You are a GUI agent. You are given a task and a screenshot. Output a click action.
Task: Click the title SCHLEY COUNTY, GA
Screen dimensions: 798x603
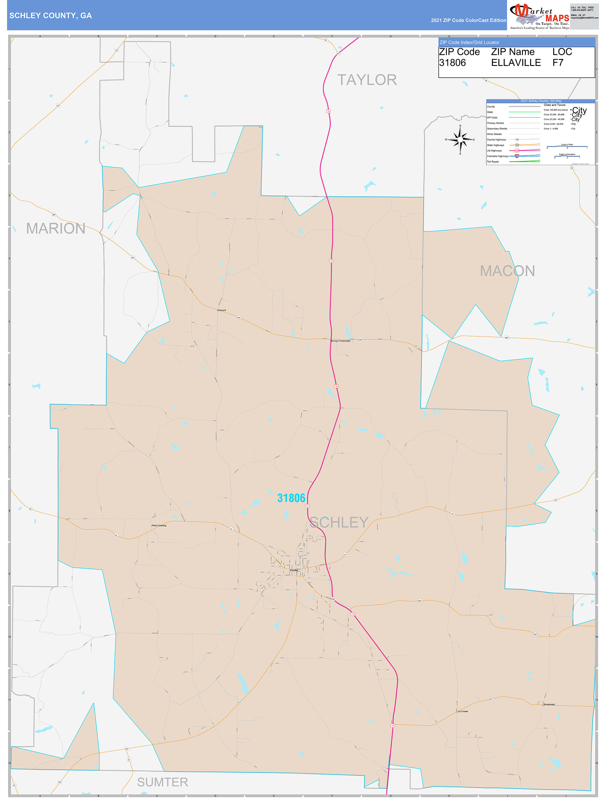coord(51,16)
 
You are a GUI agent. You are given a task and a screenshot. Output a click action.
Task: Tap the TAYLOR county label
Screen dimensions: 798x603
coord(367,80)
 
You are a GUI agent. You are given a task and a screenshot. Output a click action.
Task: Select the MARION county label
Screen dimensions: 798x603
coord(56,228)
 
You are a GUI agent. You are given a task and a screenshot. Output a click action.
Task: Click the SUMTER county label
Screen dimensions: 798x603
coord(162,782)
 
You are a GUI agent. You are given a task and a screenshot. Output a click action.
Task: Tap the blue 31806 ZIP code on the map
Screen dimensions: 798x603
coord(291,498)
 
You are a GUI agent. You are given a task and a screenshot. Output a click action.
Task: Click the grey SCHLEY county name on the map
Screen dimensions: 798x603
coord(339,522)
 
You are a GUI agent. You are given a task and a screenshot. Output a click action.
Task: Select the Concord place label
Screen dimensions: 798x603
coord(221,310)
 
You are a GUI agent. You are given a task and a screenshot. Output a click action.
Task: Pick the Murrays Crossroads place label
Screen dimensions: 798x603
coord(340,341)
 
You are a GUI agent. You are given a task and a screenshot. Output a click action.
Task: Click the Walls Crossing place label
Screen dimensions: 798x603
coord(159,525)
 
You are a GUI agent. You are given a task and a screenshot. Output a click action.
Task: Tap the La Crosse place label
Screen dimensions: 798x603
coord(463,711)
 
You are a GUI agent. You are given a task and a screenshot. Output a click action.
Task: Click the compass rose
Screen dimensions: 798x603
coord(460,139)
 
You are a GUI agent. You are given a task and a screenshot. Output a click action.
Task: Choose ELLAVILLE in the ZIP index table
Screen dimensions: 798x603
coord(516,63)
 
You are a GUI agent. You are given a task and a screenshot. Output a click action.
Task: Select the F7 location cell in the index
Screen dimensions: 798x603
coord(558,63)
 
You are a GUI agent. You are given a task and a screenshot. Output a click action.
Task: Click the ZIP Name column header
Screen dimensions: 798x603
coord(512,52)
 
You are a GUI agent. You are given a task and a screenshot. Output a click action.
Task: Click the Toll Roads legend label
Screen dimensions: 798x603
coord(492,162)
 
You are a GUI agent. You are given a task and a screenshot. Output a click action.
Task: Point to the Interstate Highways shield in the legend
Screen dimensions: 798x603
coord(517,156)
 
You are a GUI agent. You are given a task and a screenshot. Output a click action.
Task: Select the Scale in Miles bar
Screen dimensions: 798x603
coord(567,147)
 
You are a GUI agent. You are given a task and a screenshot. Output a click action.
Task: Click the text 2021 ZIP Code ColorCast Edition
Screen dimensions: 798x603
coord(468,20)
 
